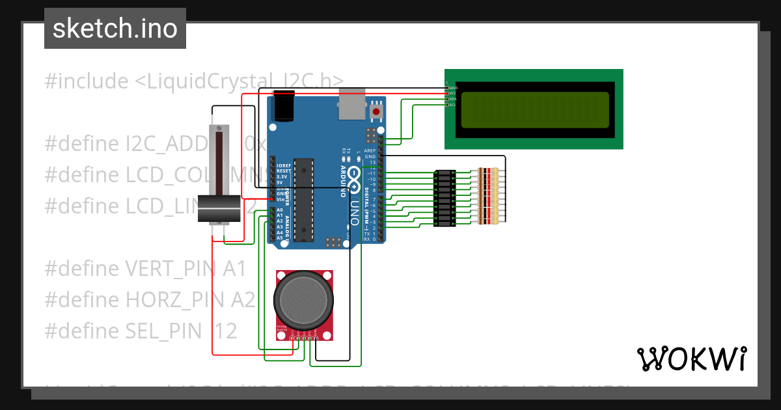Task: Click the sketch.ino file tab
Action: [x=115, y=29]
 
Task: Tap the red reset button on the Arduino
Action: [x=376, y=111]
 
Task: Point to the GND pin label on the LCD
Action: [x=453, y=87]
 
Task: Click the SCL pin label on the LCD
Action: [x=452, y=105]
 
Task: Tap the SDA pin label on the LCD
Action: [x=453, y=99]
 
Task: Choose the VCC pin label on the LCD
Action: [x=453, y=93]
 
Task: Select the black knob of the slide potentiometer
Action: [x=219, y=209]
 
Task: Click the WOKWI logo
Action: [x=692, y=359]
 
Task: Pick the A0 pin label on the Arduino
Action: [x=280, y=210]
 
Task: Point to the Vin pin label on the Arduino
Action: [x=280, y=199]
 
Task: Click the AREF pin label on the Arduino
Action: [x=370, y=150]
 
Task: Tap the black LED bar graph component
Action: [x=445, y=198]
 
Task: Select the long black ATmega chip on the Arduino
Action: [x=303, y=199]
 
